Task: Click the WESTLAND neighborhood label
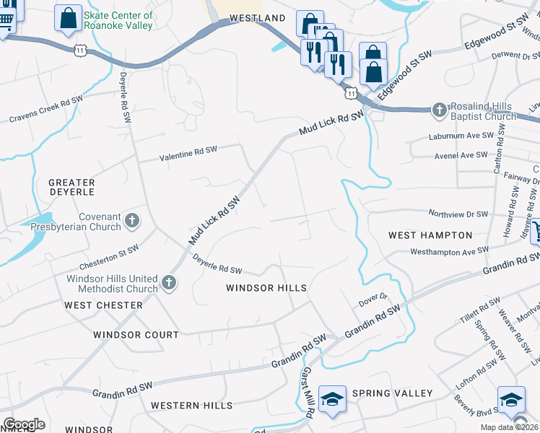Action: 257,17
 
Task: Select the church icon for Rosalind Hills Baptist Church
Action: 438,110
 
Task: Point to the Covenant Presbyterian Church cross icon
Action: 131,220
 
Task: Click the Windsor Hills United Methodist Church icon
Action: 168,284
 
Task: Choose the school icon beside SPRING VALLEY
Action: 331,399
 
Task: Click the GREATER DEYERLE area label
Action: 71,188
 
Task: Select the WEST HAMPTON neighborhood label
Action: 430,235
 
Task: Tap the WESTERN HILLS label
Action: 192,406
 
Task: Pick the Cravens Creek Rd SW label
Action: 45,109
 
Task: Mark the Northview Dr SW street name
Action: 458,214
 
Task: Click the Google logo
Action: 24,424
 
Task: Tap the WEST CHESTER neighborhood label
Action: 103,305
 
